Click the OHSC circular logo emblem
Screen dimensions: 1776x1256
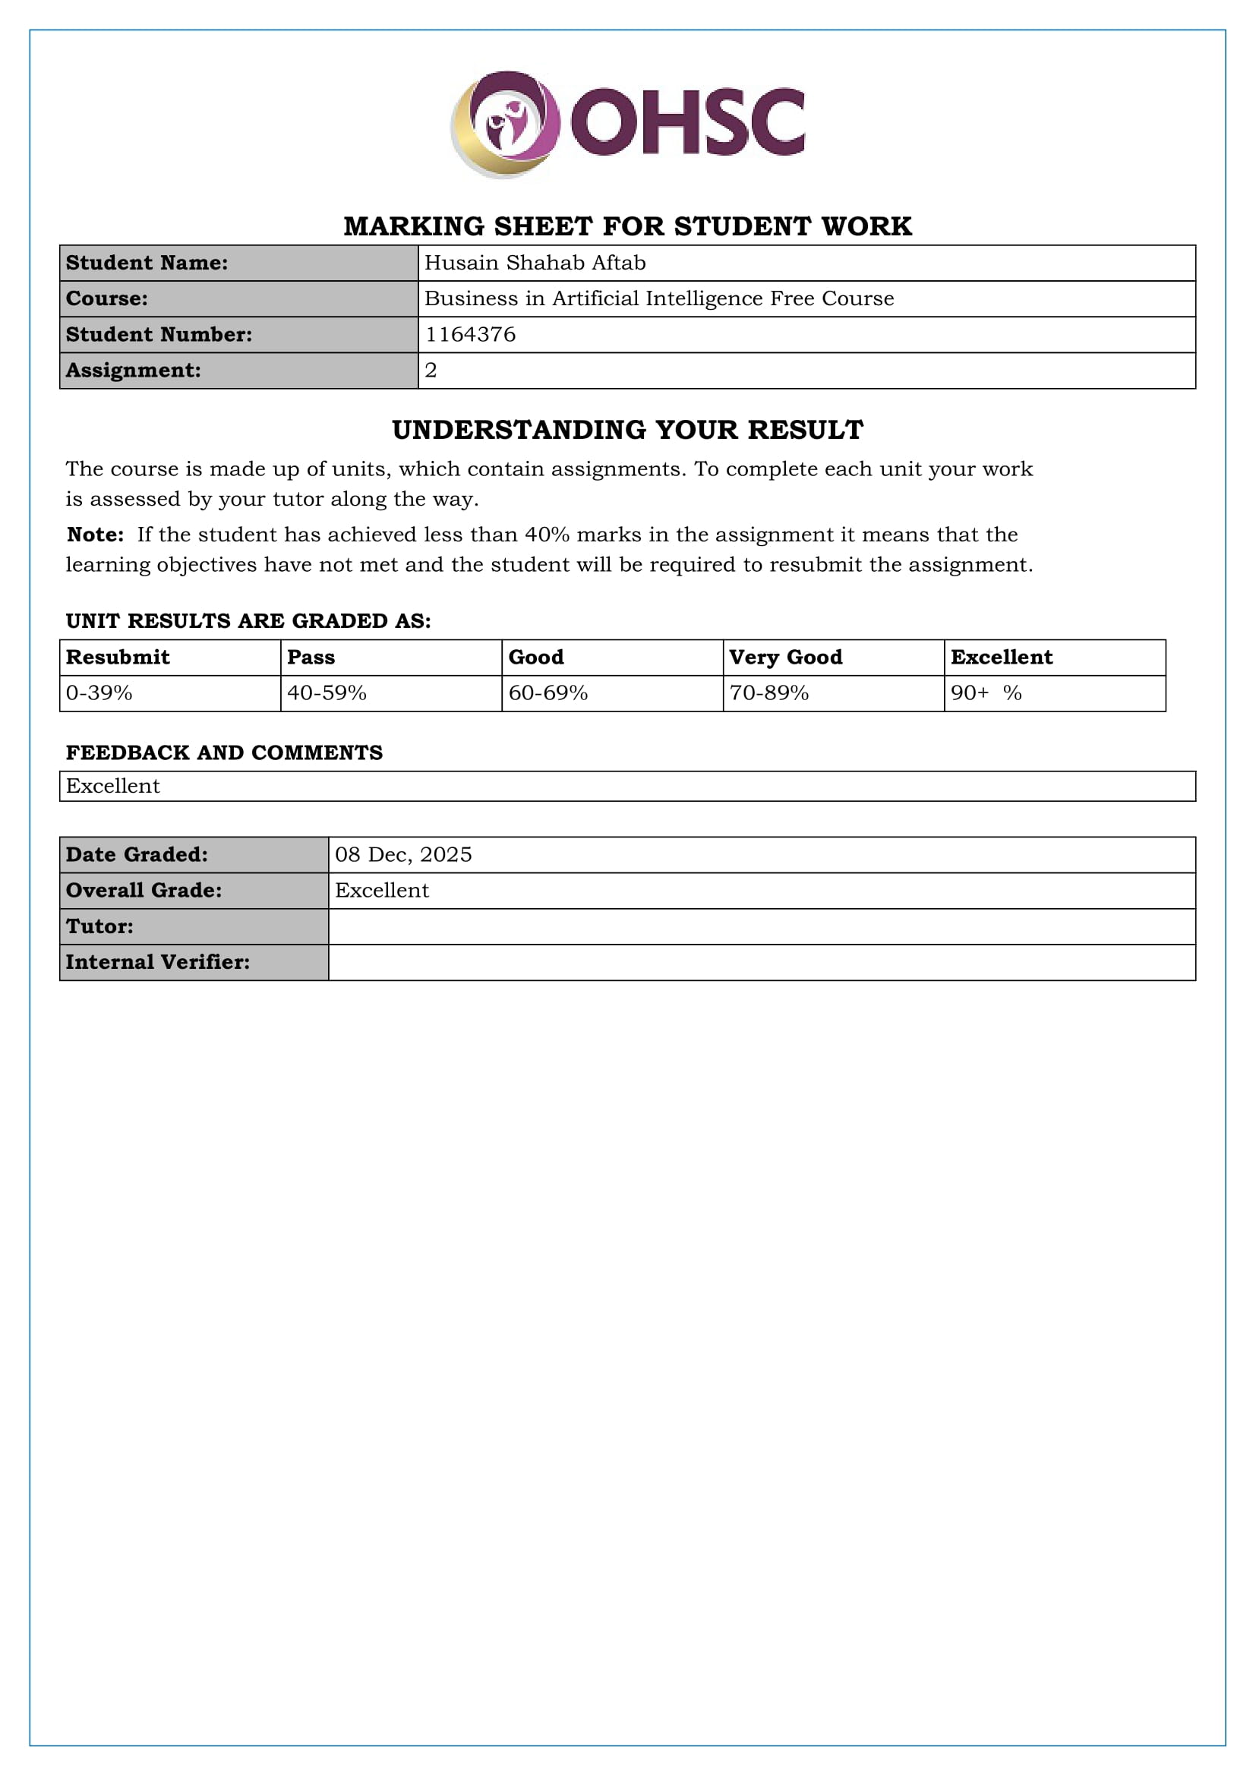(x=506, y=124)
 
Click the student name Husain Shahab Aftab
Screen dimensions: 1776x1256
(x=535, y=263)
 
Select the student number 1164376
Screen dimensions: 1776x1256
(x=470, y=334)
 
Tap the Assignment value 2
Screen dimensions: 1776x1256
(x=431, y=370)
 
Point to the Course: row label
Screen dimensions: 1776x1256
(x=107, y=298)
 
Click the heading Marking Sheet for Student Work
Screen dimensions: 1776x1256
(x=627, y=226)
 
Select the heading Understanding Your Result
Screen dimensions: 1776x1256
(x=627, y=429)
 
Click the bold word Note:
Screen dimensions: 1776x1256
(x=95, y=535)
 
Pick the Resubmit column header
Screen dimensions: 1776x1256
(x=118, y=657)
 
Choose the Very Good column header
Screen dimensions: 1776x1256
(x=785, y=657)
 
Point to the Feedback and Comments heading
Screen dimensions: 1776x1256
(x=224, y=752)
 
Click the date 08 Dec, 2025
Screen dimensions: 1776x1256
(x=403, y=854)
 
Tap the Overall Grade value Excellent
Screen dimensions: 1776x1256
(x=381, y=891)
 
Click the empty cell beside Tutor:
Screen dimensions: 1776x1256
(x=761, y=926)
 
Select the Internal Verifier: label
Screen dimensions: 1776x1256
(x=158, y=961)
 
